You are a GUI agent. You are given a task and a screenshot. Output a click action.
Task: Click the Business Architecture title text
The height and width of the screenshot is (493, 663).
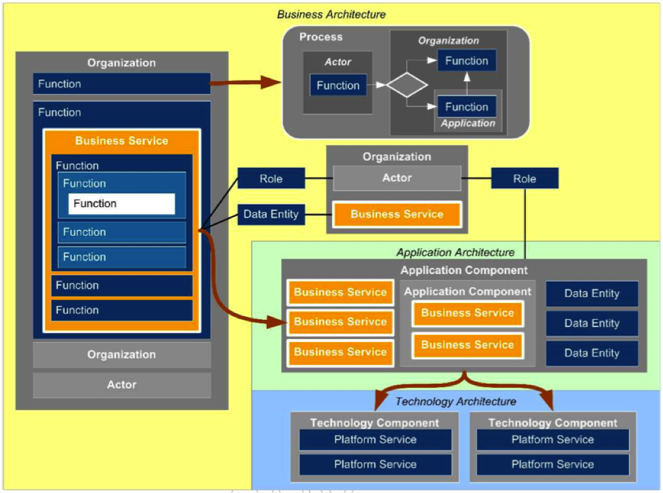[331, 14]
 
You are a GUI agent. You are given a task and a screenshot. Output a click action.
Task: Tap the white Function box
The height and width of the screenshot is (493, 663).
[121, 204]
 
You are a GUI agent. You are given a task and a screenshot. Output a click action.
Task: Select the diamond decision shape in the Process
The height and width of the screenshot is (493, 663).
[407, 86]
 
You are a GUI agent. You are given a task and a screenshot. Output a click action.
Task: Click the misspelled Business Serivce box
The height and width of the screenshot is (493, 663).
[340, 322]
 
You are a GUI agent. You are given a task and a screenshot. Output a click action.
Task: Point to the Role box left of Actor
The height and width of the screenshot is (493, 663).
[271, 178]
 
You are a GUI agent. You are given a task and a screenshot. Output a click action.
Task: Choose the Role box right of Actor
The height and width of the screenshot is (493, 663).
[525, 178]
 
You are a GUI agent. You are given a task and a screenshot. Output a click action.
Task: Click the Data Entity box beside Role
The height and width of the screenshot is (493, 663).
[271, 214]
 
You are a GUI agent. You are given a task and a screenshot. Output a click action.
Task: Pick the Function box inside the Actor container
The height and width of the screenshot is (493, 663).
[338, 86]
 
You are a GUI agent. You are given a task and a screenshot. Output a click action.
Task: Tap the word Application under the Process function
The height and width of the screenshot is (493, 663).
[468, 123]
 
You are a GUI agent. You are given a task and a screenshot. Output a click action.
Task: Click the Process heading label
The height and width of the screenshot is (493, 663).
[321, 37]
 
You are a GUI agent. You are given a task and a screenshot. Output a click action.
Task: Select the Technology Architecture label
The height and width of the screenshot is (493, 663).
[455, 402]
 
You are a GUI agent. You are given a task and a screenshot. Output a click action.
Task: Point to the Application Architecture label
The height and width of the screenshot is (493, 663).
[455, 252]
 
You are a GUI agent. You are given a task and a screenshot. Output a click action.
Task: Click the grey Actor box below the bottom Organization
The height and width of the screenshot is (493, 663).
[122, 385]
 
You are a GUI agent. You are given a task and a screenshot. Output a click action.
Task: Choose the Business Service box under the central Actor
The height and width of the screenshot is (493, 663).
[397, 214]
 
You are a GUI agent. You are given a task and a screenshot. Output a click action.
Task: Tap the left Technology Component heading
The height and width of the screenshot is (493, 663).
[375, 423]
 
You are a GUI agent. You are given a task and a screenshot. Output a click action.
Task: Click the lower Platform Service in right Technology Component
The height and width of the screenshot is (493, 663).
[553, 464]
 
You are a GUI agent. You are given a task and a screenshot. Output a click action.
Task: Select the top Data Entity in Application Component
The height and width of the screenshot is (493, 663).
[591, 294]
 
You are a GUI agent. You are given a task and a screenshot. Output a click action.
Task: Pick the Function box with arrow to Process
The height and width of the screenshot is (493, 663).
[122, 84]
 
